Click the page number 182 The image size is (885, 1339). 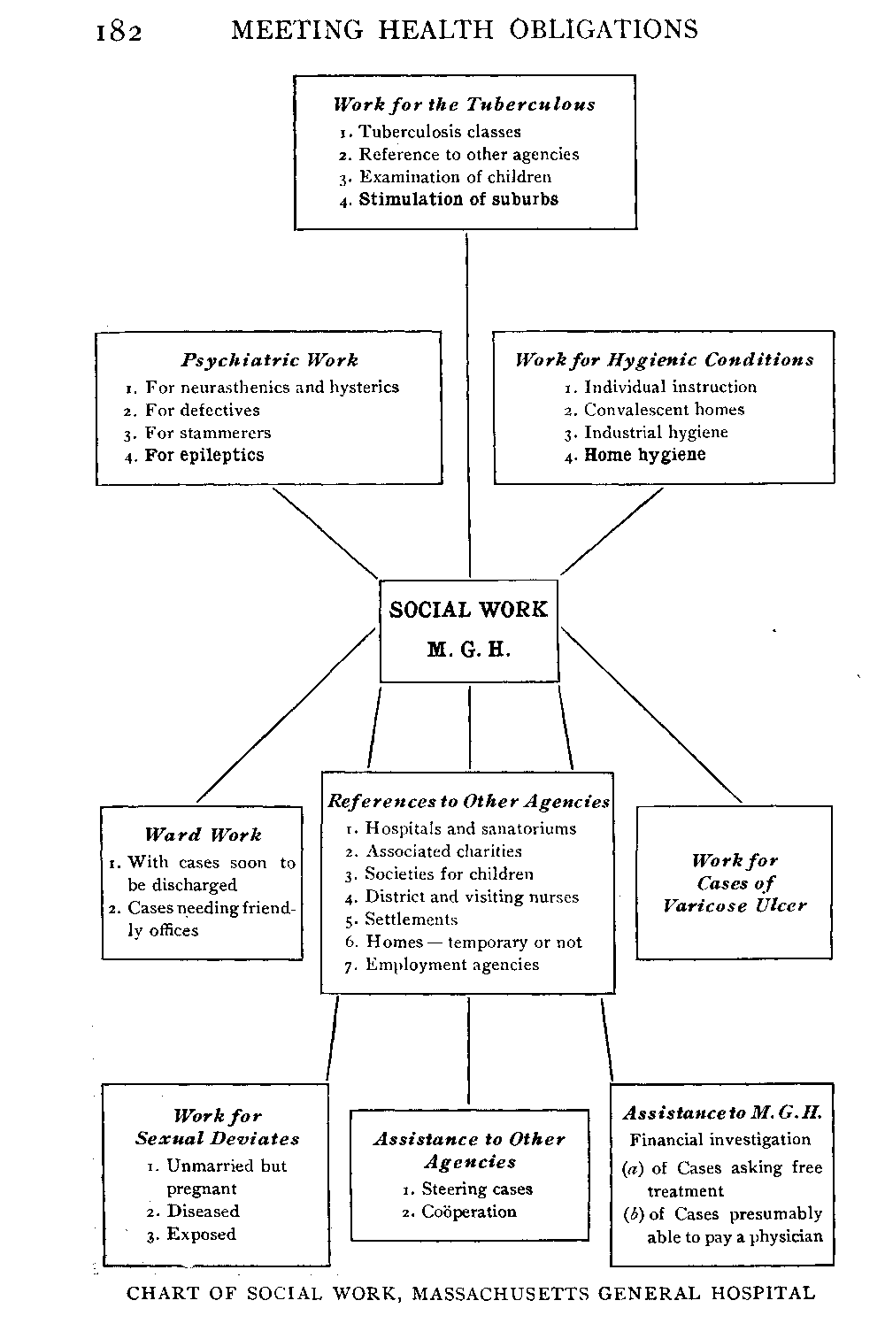[x=119, y=32]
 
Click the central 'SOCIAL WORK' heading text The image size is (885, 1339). [x=469, y=610]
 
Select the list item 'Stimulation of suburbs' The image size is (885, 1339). [x=458, y=200]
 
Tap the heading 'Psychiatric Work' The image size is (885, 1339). [x=270, y=360]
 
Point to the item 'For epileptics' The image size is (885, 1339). [x=204, y=456]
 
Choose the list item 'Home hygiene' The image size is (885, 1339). [x=645, y=455]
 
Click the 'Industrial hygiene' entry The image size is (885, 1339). [x=656, y=433]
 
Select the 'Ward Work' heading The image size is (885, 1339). [x=204, y=835]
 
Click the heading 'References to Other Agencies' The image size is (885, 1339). [x=469, y=802]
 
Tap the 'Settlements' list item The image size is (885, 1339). [x=412, y=920]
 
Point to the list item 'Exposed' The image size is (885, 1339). [x=202, y=1235]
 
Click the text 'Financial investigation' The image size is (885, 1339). [x=720, y=1140]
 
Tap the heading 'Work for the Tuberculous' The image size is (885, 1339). [x=465, y=104]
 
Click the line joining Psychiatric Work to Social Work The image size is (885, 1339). [x=326, y=532]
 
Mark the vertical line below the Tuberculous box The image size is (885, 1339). [x=467, y=398]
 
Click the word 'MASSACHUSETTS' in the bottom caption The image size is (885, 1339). [x=502, y=1294]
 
